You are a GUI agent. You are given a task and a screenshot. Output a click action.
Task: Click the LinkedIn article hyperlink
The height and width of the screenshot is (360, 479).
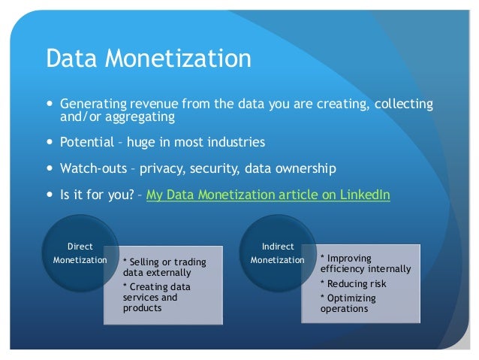[x=268, y=195]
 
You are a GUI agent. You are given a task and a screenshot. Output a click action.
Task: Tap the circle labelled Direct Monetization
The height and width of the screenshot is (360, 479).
[x=80, y=253]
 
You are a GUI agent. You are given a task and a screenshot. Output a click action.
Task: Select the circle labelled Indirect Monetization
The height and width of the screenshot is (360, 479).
[x=278, y=253]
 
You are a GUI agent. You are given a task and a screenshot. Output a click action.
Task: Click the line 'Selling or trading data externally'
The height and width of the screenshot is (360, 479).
[x=164, y=267]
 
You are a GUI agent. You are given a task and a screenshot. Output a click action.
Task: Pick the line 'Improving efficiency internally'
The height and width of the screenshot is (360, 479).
[x=365, y=263]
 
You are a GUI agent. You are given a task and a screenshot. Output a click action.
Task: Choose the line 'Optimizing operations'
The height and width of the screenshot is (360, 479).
[x=348, y=303]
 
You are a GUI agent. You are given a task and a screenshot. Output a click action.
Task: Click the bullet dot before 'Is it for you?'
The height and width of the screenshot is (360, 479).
[x=50, y=195]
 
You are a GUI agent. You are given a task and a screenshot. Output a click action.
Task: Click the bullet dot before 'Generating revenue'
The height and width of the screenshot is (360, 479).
[x=50, y=104]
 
